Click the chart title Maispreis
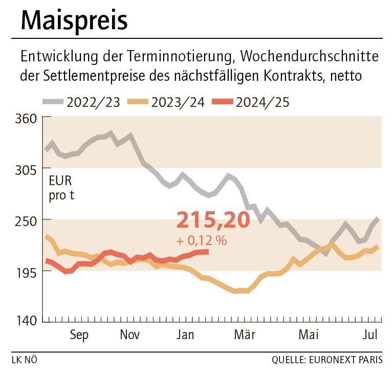(x=74, y=21)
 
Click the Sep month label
(x=79, y=335)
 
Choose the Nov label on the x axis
(x=130, y=335)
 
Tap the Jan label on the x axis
(x=185, y=335)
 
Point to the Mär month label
(x=245, y=335)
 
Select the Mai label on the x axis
(x=308, y=335)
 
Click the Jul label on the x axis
(x=370, y=335)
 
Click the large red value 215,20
(x=213, y=220)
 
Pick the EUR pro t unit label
(x=61, y=187)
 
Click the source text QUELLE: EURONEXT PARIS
(x=327, y=360)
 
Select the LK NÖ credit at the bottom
(x=24, y=360)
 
